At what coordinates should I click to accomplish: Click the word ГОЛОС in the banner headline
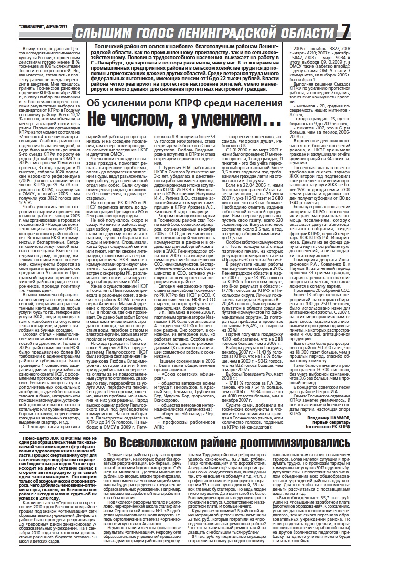pyautogui.click(x=154, y=32)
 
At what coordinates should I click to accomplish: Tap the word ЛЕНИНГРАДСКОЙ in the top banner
pyautogui.click(x=234, y=32)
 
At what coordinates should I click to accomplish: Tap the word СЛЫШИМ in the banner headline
pyautogui.click(x=101, y=32)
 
